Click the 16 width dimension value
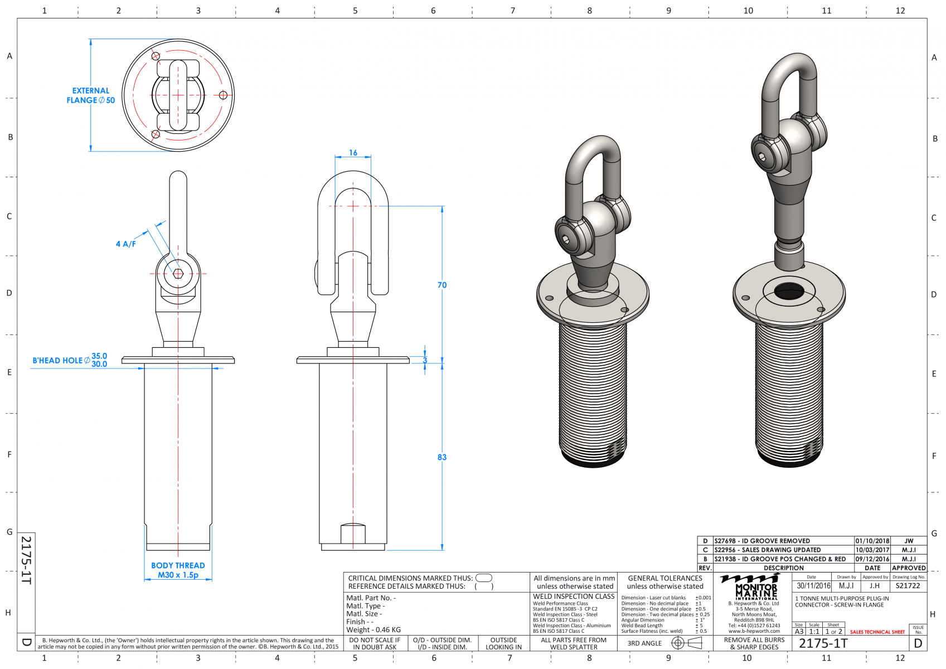click(353, 153)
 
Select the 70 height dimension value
click(442, 285)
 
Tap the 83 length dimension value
click(442, 457)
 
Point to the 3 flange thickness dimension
click(425, 360)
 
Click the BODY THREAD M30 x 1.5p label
click(178, 570)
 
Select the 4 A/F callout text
click(125, 244)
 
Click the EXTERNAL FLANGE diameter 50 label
click(91, 95)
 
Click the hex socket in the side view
click(178, 273)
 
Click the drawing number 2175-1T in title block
click(823, 643)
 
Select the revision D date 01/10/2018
click(872, 541)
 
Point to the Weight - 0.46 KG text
click(373, 630)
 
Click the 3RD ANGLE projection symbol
click(687, 643)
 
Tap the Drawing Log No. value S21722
click(908, 586)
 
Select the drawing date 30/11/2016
click(813, 586)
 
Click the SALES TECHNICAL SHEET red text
click(877, 632)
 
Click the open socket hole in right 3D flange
click(789, 290)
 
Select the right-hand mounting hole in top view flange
click(223, 95)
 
